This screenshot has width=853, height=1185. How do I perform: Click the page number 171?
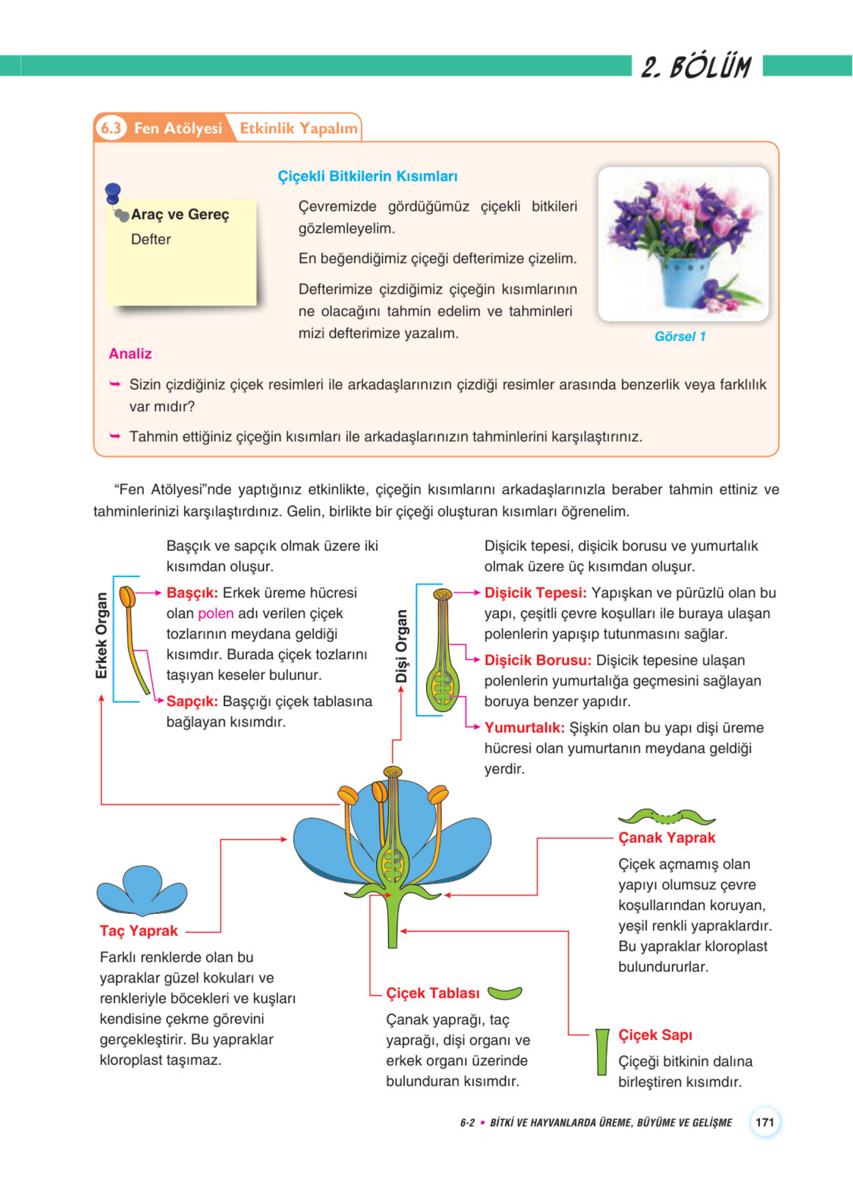tap(764, 1122)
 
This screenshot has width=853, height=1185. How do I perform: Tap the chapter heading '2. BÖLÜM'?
tap(696, 67)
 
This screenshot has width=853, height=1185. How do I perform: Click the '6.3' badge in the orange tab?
tap(111, 128)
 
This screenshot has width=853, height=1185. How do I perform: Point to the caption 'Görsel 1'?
tap(680, 336)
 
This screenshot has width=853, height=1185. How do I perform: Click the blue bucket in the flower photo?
tap(684, 282)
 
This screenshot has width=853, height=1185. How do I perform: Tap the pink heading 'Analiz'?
tap(130, 354)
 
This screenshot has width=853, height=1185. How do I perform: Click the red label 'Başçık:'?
tap(192, 592)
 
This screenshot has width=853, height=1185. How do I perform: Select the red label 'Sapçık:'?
tap(192, 701)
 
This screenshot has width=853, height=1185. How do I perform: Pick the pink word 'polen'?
tap(216, 614)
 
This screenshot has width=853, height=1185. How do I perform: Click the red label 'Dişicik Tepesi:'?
tap(535, 592)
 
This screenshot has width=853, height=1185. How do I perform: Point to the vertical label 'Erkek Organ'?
tap(101, 636)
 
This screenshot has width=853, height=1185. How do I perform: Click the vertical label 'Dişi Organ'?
tap(401, 646)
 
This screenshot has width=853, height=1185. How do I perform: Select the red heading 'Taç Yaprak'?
tap(139, 931)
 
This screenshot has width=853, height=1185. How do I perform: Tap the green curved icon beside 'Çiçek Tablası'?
tap(504, 993)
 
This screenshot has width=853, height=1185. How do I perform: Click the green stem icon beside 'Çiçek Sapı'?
tap(602, 1052)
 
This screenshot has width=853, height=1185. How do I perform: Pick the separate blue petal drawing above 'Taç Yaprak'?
tap(142, 890)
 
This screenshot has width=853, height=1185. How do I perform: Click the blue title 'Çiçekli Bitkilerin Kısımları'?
tap(367, 176)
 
